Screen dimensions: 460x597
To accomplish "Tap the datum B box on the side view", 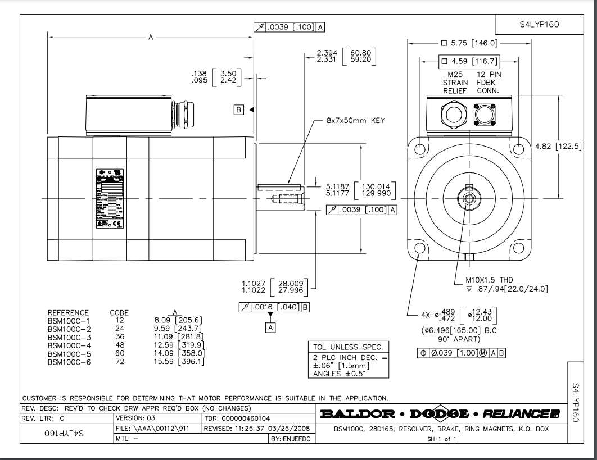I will click(x=238, y=110).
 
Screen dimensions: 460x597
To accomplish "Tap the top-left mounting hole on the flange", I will click(x=419, y=148).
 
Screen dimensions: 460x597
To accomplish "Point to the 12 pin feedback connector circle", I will click(x=485, y=116).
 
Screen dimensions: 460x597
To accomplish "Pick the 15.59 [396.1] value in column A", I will click(x=180, y=361).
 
